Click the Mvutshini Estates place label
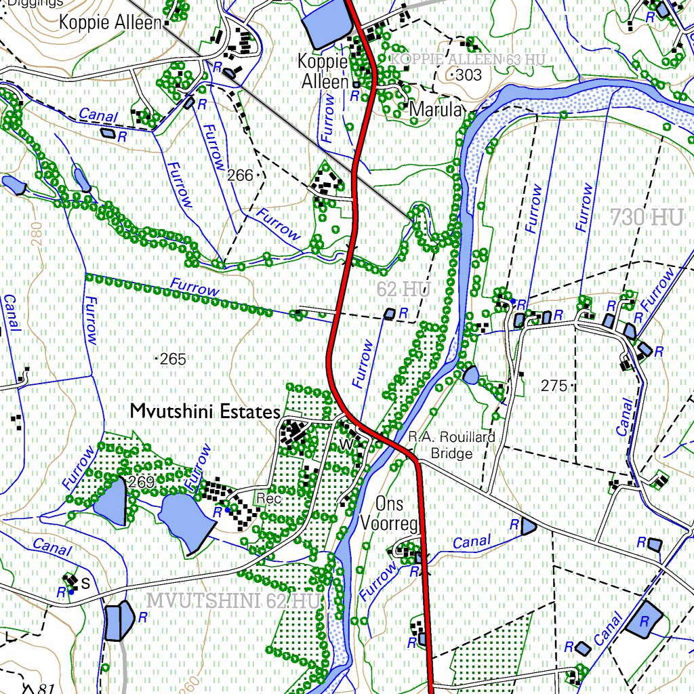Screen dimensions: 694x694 click(205, 411)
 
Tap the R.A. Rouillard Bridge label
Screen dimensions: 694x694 click(451, 445)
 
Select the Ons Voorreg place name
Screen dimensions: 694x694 click(390, 513)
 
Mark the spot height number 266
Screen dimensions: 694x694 click(240, 176)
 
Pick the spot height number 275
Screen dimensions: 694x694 click(554, 386)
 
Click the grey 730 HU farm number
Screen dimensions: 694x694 click(646, 218)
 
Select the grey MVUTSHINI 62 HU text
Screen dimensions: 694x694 click(232, 600)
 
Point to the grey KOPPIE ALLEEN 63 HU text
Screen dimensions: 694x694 click(469, 60)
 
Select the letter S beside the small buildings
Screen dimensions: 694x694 click(85, 582)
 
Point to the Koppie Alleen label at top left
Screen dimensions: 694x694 click(110, 22)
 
